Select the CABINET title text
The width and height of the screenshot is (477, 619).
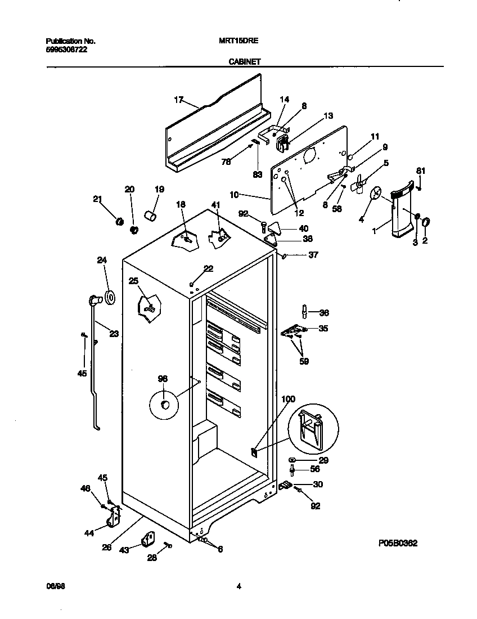(x=244, y=62)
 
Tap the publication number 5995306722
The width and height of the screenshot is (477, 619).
(x=66, y=50)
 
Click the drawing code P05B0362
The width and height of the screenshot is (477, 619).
(x=398, y=544)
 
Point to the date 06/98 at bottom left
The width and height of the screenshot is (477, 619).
(x=53, y=586)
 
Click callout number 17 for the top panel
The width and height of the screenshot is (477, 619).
(x=179, y=100)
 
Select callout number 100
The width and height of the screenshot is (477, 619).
(x=288, y=399)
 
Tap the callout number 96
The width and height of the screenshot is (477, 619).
(x=163, y=379)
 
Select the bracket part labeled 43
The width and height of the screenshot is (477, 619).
(x=147, y=540)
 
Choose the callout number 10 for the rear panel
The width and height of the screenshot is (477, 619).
(x=235, y=195)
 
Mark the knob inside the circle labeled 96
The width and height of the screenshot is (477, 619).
(x=164, y=405)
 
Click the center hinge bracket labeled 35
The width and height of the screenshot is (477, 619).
(x=293, y=331)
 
